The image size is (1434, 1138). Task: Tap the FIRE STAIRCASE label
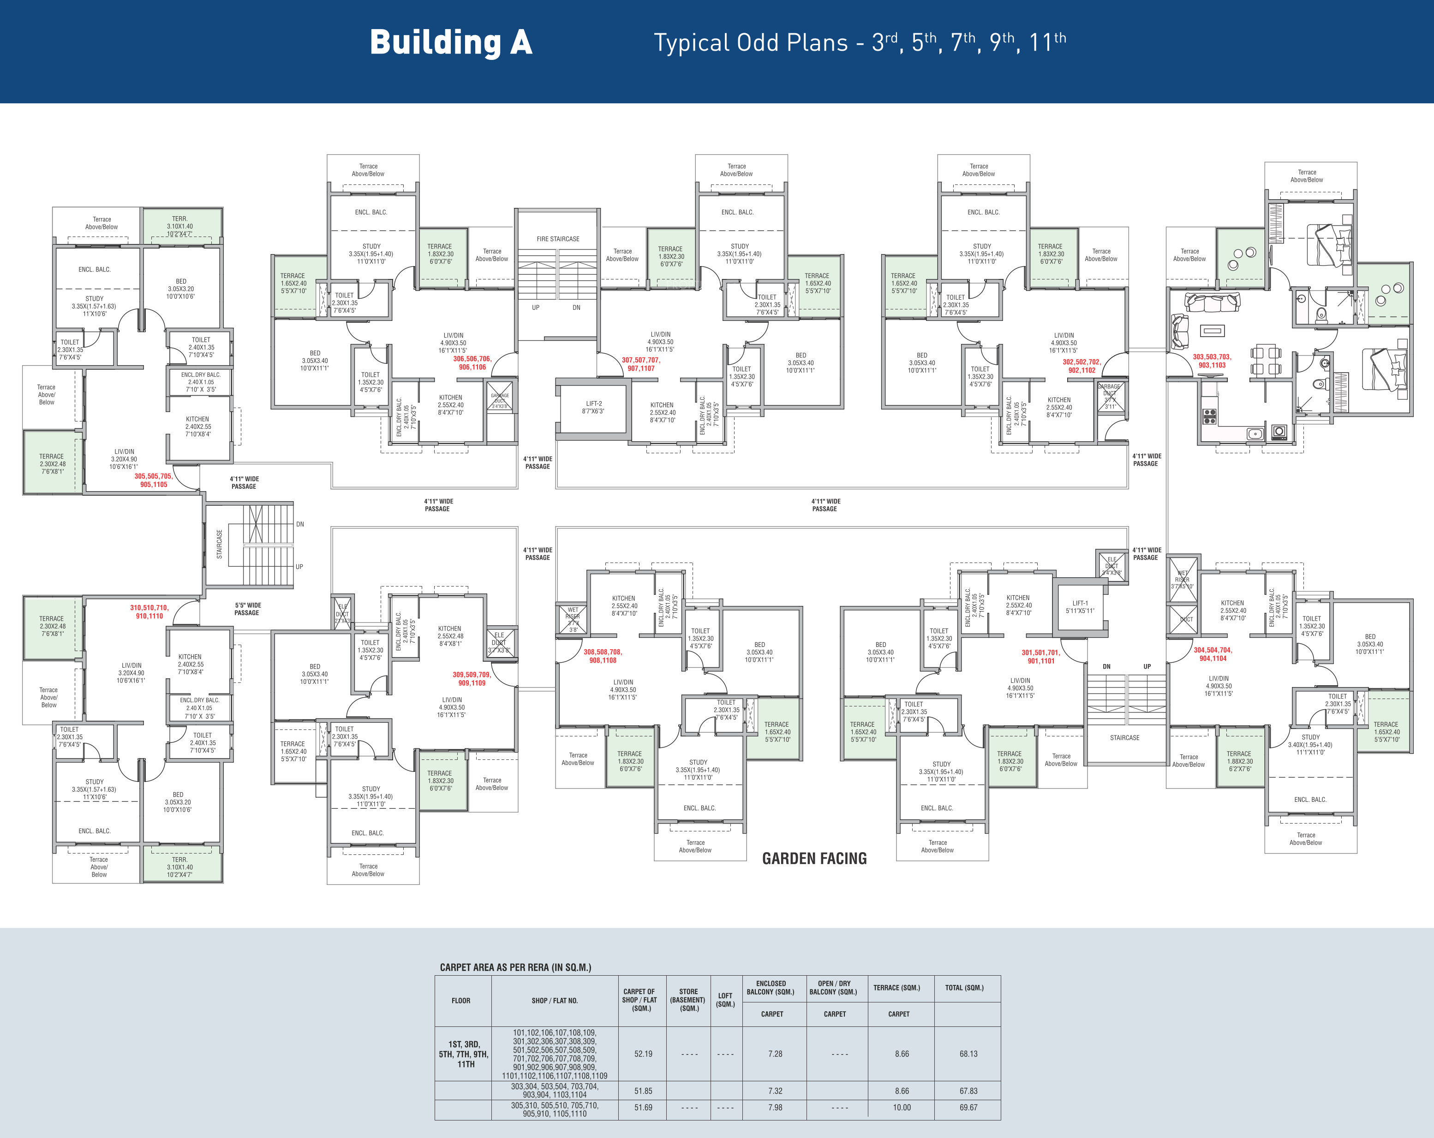(x=558, y=239)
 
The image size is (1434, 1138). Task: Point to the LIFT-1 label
(x=1080, y=607)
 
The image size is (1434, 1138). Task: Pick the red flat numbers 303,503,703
(x=1212, y=361)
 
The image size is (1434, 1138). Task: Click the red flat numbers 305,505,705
(x=154, y=480)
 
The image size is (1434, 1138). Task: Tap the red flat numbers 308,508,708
(x=603, y=656)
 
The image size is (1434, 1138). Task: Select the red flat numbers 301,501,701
(x=1041, y=657)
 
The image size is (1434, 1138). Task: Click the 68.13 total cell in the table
(x=968, y=1054)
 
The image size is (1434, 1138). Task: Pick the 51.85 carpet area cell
(x=643, y=1091)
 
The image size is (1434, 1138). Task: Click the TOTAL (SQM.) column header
(x=964, y=988)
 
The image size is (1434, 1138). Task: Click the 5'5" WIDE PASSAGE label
(x=247, y=609)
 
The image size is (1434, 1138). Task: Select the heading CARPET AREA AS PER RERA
(x=515, y=967)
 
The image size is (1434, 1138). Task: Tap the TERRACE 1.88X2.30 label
(x=1239, y=761)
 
